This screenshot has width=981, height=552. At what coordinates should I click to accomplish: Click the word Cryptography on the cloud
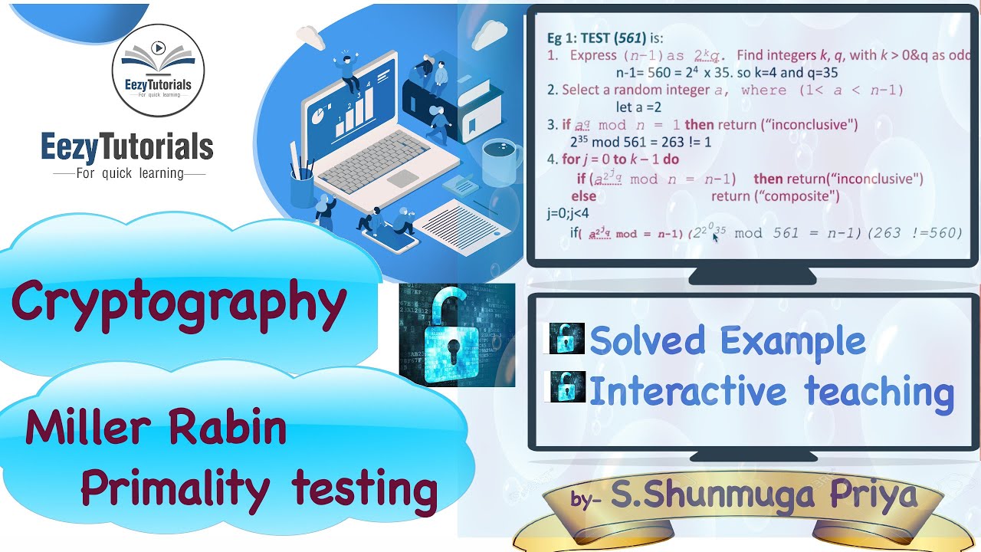[x=178, y=302]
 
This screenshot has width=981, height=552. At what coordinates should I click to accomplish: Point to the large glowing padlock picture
[x=457, y=334]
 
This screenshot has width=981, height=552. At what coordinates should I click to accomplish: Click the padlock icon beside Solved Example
[x=566, y=338]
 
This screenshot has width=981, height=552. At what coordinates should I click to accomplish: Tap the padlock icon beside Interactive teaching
[x=566, y=387]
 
